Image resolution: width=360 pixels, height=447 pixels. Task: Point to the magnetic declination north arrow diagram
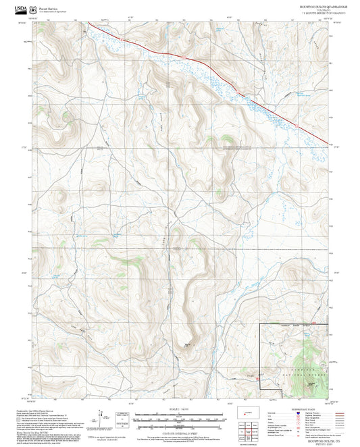point(103,414)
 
